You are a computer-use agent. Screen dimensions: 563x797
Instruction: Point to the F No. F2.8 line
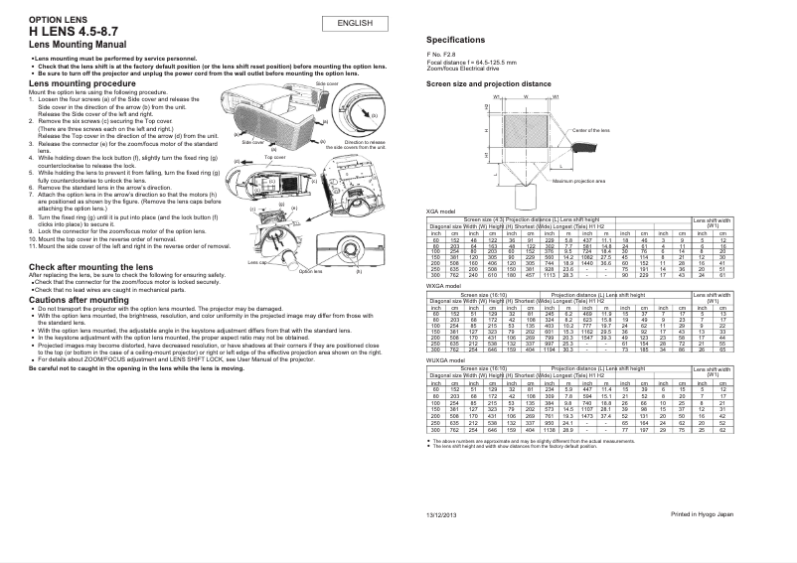click(x=444, y=55)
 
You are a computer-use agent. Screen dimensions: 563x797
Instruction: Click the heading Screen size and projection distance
click(x=488, y=84)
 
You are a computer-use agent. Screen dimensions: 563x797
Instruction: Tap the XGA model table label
click(x=440, y=211)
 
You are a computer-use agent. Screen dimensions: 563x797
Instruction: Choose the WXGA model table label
click(x=443, y=284)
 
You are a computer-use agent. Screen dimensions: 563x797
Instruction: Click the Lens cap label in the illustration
click(x=257, y=261)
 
